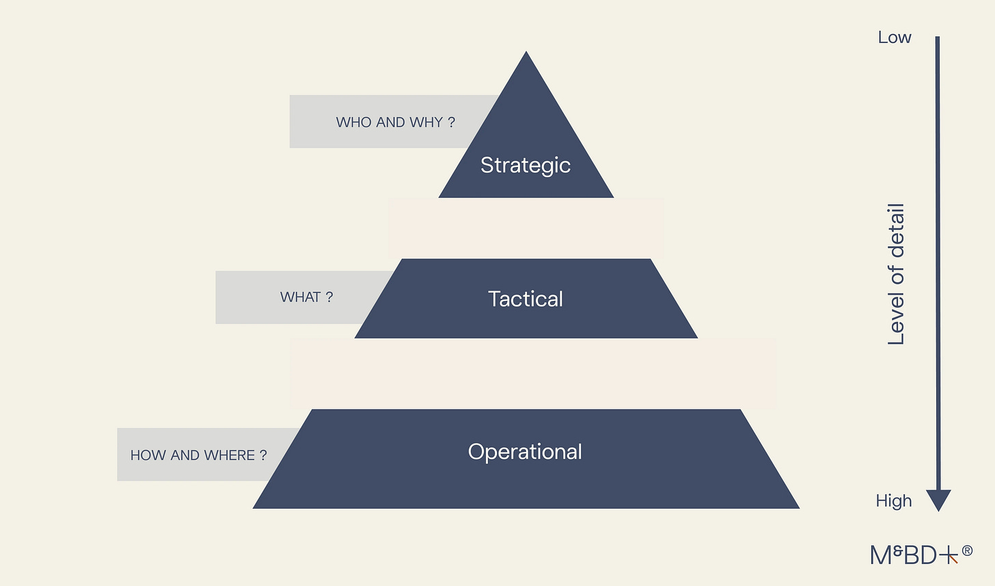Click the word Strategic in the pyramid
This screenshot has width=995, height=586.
[x=525, y=165]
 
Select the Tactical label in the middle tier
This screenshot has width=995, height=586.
[x=525, y=299]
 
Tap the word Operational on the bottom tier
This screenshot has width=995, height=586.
[x=525, y=451]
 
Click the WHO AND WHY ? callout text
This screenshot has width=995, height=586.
[x=395, y=122]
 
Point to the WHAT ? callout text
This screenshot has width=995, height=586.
[x=306, y=297]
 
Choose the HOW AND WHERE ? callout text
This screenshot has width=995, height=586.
[x=198, y=455]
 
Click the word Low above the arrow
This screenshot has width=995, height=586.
[x=895, y=38]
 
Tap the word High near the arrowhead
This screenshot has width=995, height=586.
[x=894, y=501]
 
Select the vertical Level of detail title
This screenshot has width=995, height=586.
[x=896, y=274]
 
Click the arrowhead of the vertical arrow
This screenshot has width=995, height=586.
[x=938, y=500]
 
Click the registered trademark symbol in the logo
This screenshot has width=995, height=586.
[x=967, y=550]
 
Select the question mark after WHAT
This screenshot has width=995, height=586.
[x=329, y=297]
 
